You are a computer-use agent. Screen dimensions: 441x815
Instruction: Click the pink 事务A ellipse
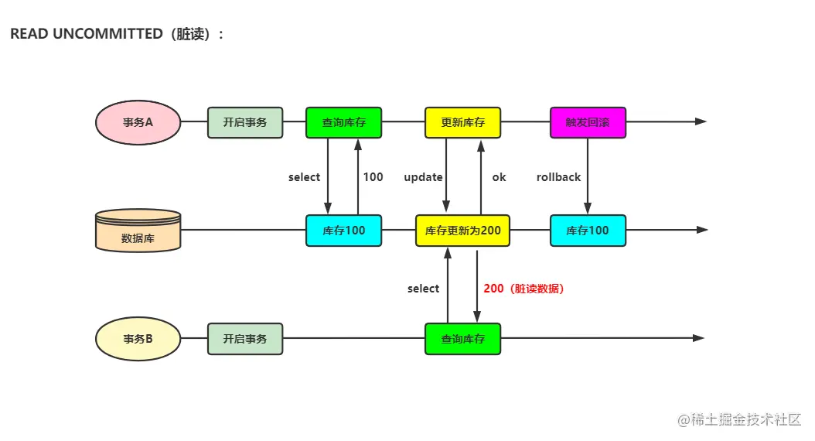click(138, 122)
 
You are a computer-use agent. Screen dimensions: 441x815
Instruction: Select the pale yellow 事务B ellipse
click(138, 339)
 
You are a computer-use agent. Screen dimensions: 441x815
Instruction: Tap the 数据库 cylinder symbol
click(138, 231)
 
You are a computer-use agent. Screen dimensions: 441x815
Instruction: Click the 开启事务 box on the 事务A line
click(245, 122)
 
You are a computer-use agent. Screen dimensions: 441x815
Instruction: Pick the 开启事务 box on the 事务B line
click(245, 339)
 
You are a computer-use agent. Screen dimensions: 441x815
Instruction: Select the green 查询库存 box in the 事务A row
click(343, 122)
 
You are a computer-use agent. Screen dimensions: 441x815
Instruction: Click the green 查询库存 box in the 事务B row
click(462, 339)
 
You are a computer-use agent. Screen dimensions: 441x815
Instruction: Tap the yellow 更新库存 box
click(462, 122)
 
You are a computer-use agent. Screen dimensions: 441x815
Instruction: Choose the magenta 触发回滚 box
click(588, 122)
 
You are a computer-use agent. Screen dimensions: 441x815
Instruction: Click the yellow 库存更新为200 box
click(462, 231)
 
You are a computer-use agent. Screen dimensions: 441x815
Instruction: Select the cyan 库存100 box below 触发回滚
click(588, 231)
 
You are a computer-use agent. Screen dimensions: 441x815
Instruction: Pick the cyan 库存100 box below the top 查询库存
click(343, 231)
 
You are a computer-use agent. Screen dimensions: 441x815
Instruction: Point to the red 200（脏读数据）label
click(524, 289)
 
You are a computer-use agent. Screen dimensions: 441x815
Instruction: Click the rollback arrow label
click(558, 177)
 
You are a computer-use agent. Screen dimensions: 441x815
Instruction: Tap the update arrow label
click(423, 177)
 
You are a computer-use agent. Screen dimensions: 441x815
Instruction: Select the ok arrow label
click(499, 177)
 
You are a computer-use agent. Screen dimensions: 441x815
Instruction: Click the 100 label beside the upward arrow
click(373, 177)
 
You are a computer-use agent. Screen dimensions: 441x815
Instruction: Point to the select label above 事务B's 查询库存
click(423, 289)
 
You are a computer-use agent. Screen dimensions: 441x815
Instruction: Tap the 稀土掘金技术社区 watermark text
click(745, 419)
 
